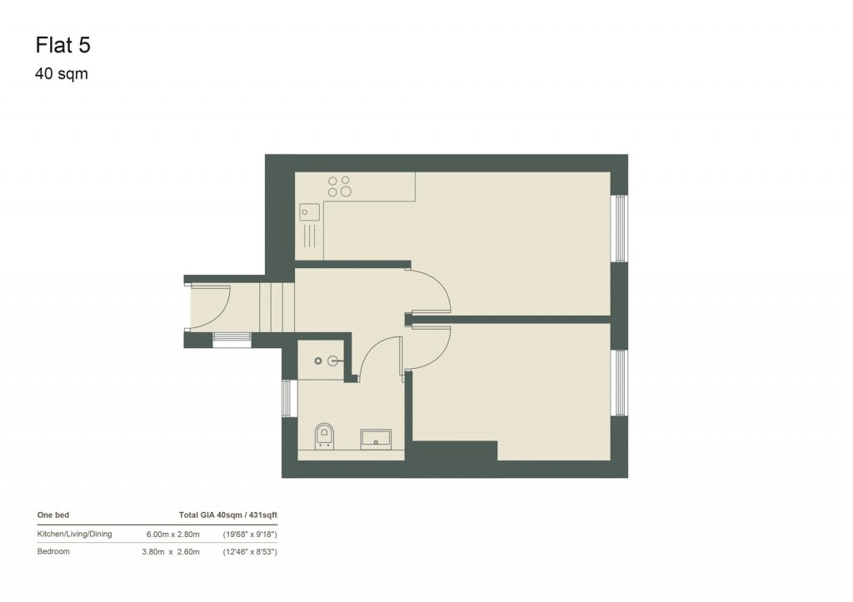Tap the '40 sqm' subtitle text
coord(61,74)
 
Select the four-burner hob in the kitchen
coord(339,186)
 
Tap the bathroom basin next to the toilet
coord(375,438)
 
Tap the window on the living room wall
coord(619,228)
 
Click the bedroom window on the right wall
coord(619,382)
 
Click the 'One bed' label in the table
coord(52,515)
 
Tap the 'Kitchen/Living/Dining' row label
coord(74,534)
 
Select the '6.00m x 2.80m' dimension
coord(173,534)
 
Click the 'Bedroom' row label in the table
coord(54,552)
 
